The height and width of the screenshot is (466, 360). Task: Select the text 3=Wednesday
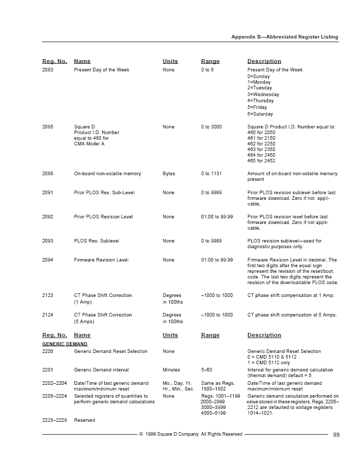coord(263,95)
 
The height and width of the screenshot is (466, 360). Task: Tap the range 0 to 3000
coord(212,127)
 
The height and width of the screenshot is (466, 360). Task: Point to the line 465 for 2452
coord(261,161)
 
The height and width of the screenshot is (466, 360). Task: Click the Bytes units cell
coord(168,174)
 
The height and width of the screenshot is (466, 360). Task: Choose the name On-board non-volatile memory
coord(107,174)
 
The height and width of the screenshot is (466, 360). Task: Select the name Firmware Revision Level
coord(101,260)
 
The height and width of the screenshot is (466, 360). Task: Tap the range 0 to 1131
coord(212,174)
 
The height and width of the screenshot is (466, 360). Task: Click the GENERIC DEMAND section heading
coord(65,344)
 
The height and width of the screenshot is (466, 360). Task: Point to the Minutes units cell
coord(172,370)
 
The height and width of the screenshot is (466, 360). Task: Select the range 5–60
coord(206,370)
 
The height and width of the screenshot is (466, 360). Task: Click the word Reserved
coord(85,420)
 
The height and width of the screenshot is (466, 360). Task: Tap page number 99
coord(336,435)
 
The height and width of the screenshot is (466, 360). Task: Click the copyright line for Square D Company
coord(191,434)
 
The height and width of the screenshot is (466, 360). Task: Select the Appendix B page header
coord(285,37)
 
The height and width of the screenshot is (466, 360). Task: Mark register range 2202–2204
coord(54,383)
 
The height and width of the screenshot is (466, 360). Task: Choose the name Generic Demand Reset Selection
coord(110,351)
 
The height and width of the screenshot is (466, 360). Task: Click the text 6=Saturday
coord(260,114)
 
